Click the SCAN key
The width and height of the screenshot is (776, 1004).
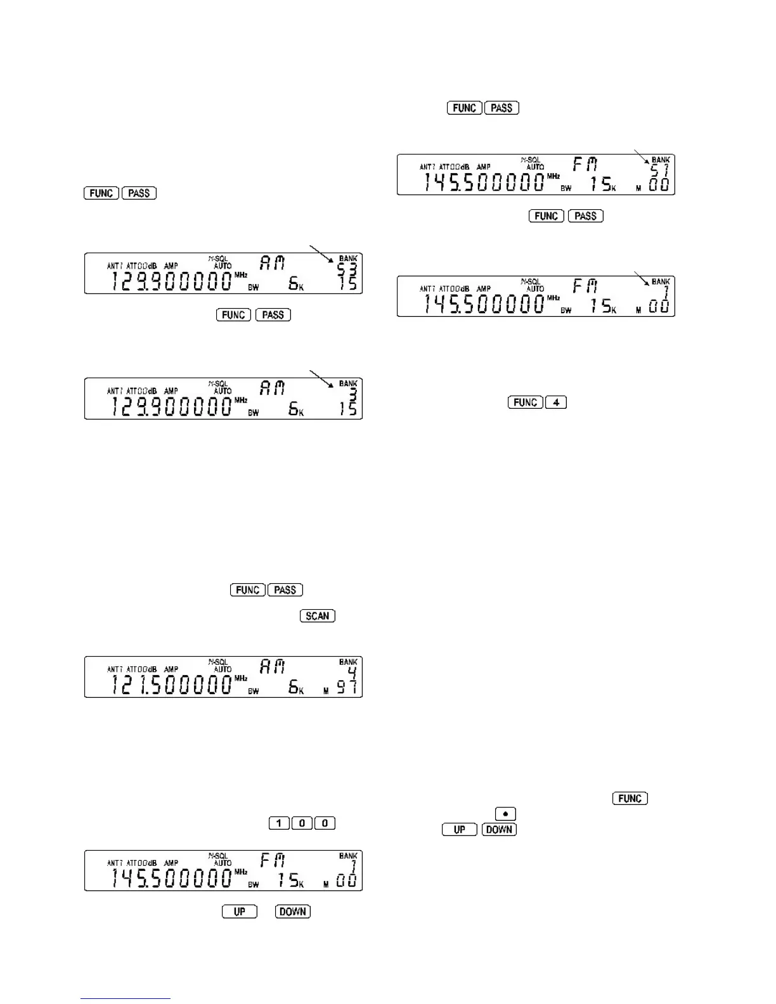point(317,616)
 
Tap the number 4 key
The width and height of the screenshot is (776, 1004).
point(555,402)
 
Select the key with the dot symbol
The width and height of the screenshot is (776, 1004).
point(505,814)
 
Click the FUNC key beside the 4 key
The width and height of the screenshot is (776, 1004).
point(525,402)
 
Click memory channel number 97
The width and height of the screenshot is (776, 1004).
point(347,686)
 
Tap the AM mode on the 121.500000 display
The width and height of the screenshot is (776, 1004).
point(273,667)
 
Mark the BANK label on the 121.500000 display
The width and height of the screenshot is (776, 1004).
point(348,662)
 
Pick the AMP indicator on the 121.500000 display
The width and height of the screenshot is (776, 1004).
point(171,669)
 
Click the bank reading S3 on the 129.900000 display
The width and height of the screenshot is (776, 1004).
point(347,269)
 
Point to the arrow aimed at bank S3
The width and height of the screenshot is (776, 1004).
point(321,254)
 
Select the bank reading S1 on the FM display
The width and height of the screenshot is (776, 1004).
point(660,170)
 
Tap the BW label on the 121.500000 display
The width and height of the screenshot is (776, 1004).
point(254,692)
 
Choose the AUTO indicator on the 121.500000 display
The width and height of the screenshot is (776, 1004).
point(223,669)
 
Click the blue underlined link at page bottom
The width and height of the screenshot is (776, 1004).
point(126,998)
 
